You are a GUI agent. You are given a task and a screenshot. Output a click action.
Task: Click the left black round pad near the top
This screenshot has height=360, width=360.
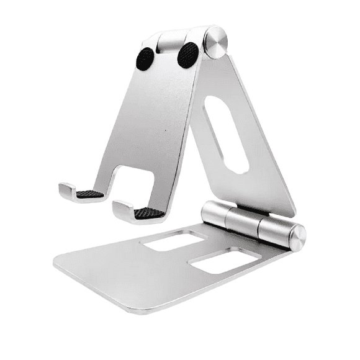tap(145, 58)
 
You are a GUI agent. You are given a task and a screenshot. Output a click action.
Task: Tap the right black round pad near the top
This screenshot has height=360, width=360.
tap(187, 55)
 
